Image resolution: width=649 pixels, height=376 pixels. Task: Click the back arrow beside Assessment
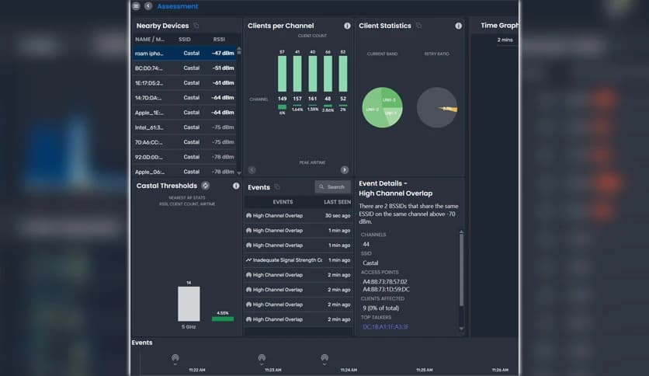click(147, 6)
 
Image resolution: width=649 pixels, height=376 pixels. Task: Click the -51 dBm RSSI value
click(223, 68)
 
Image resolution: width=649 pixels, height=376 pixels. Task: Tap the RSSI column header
click(220, 39)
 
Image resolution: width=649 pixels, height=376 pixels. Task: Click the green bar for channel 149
click(282, 74)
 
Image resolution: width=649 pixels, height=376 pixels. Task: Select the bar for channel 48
click(328, 74)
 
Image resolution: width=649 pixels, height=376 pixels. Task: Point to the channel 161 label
click(312, 99)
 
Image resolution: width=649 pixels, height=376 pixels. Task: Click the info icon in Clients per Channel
click(347, 26)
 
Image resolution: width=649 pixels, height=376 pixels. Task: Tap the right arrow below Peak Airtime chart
click(344, 169)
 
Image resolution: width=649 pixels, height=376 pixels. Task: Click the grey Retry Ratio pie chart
click(436, 108)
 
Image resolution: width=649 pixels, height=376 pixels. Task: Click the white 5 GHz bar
click(189, 304)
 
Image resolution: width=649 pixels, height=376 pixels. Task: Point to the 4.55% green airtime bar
click(222, 319)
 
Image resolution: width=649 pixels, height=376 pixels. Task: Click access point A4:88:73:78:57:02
click(385, 281)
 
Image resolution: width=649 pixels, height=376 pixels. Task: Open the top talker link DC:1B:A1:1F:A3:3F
click(386, 327)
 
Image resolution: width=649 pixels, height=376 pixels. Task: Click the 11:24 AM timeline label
click(349, 370)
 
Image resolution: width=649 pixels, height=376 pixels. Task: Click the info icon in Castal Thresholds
click(236, 186)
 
